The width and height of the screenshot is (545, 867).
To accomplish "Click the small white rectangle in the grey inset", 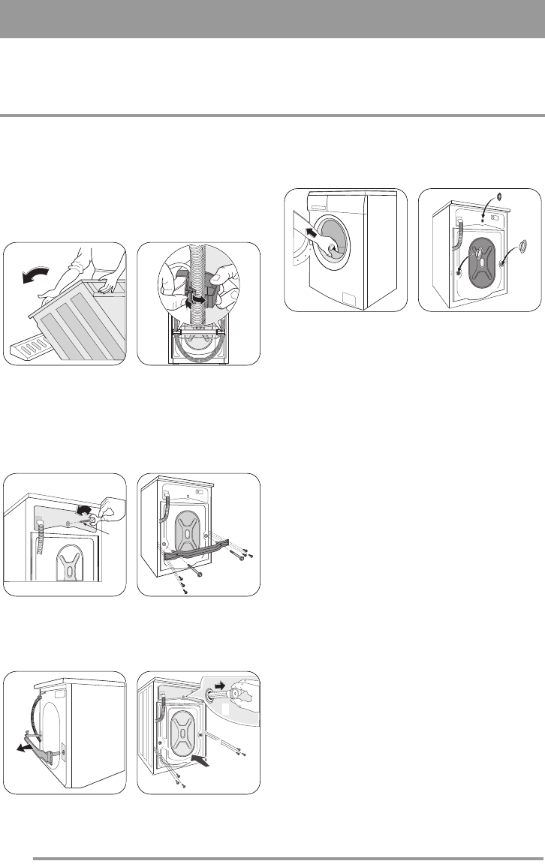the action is [x=224, y=706].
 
